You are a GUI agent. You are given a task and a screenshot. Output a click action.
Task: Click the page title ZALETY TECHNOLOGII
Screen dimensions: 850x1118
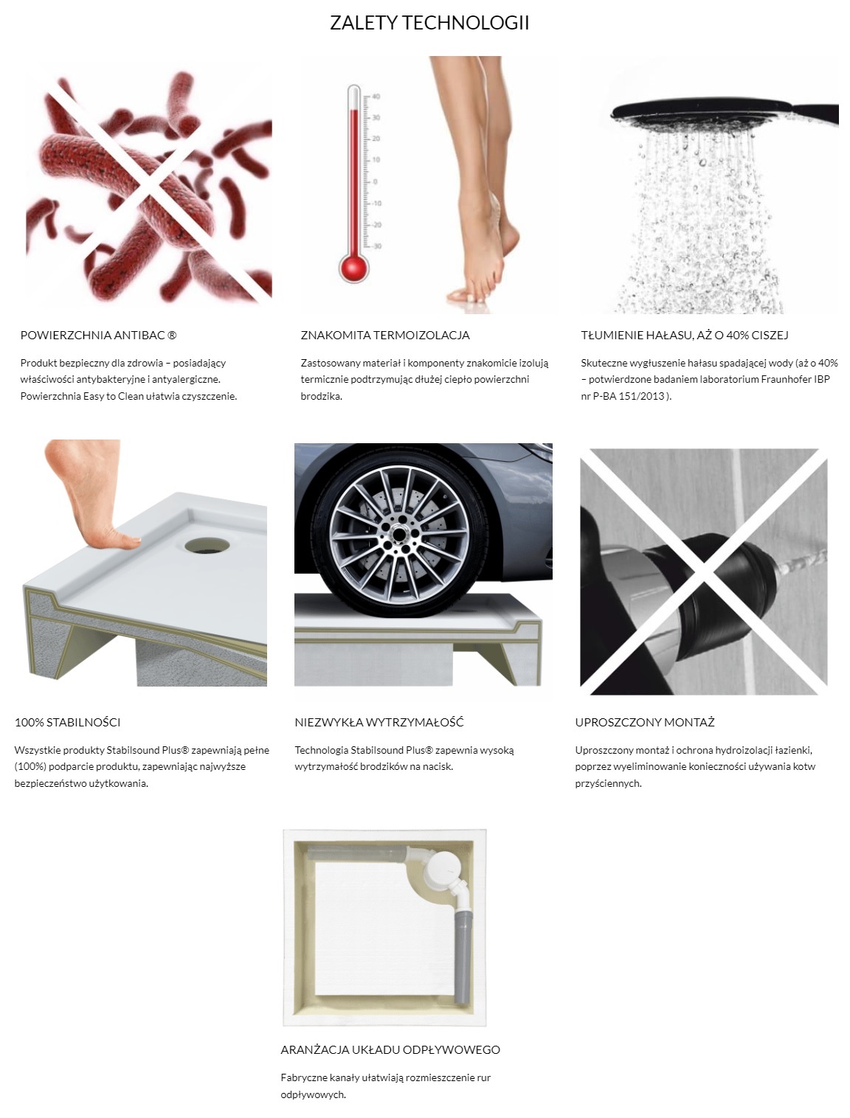429,23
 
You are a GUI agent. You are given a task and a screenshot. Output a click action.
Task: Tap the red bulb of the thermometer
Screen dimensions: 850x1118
353,267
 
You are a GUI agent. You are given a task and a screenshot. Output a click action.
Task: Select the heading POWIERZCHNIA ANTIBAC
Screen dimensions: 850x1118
98,335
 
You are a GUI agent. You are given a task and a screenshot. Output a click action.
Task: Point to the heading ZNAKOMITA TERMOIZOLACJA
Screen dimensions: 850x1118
385,335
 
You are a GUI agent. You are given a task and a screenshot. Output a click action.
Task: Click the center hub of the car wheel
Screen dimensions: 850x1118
398,535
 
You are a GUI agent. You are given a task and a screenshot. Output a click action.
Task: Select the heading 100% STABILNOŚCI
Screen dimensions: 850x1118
68,722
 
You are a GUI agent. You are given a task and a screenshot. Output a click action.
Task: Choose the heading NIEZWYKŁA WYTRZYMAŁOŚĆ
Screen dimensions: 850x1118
379,722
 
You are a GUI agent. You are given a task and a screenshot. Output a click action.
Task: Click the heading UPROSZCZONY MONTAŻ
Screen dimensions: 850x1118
645,722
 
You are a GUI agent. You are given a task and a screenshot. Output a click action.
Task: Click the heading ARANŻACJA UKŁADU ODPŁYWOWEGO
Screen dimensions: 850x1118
390,1049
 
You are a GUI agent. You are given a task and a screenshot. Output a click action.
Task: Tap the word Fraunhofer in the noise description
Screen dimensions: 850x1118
788,380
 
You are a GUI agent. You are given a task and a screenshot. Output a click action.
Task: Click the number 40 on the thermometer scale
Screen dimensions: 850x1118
376,97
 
